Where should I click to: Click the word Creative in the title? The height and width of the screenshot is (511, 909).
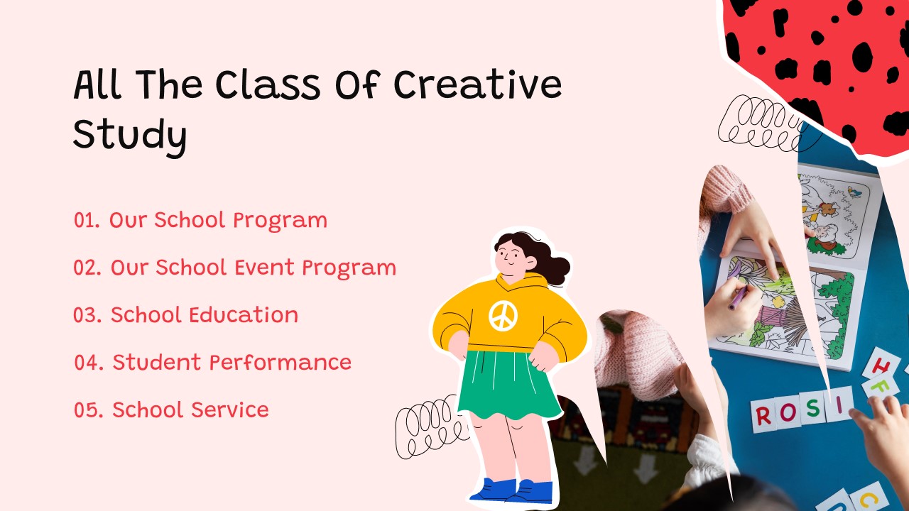(x=478, y=84)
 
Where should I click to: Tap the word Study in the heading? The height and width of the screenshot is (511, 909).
(x=130, y=136)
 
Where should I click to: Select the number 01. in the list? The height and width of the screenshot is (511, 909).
(x=87, y=220)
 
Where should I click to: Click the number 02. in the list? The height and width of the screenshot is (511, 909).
(x=87, y=268)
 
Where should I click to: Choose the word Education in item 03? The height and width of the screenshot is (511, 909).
(x=244, y=315)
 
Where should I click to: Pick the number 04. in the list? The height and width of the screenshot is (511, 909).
(x=89, y=363)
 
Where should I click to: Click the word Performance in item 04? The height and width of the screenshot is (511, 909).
(x=281, y=363)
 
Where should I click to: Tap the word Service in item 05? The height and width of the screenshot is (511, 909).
(x=230, y=410)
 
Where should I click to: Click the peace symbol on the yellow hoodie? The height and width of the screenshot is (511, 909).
(x=504, y=316)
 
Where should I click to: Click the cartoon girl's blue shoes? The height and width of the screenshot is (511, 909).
(x=513, y=491)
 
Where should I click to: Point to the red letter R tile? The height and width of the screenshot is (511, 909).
(x=763, y=416)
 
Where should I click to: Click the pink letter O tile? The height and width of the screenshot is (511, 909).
(x=788, y=412)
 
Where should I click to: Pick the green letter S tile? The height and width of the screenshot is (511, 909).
(x=812, y=408)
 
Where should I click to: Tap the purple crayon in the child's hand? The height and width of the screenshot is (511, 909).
(x=738, y=297)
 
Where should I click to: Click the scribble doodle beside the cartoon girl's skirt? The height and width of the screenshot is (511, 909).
(x=431, y=427)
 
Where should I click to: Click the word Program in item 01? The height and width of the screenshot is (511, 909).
(x=280, y=221)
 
